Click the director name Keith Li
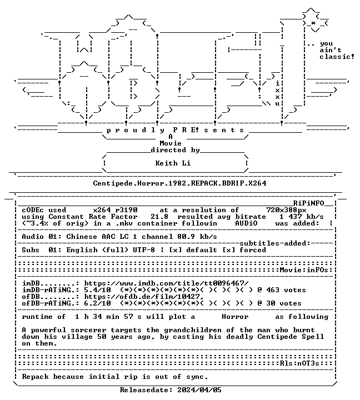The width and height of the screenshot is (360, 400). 173,163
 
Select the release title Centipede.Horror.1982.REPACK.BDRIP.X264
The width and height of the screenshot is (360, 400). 179,183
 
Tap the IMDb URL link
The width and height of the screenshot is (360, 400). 166,283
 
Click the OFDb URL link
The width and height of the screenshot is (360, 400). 144,297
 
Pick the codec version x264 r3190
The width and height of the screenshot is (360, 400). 116,210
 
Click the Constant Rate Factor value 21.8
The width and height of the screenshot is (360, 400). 159,217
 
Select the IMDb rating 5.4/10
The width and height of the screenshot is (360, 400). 97,290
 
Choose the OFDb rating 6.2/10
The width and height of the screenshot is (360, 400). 97,303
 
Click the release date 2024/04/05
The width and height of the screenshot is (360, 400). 199,390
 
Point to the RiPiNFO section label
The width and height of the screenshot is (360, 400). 308,203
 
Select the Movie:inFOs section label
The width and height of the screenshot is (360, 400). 304,270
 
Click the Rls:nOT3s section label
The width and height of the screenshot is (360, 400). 299,363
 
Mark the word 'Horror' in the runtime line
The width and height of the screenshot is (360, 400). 235,317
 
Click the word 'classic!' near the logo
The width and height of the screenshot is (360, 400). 337,56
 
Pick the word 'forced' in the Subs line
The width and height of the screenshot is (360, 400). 253,250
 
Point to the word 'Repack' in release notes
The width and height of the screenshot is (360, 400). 35,377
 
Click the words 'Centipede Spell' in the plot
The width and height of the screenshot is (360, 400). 291,337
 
